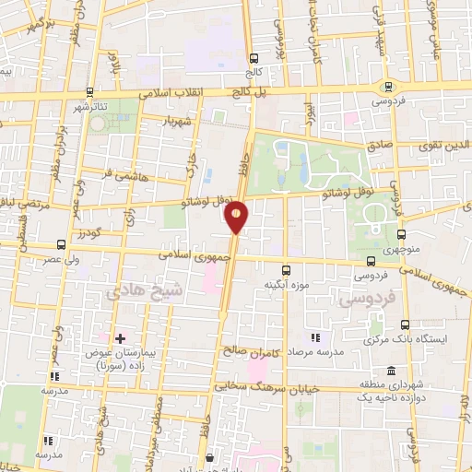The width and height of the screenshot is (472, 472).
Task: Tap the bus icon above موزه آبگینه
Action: [x=287, y=271]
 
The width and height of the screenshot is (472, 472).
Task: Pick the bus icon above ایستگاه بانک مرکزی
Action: [x=406, y=324]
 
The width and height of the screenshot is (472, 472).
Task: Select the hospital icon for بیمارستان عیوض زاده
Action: [x=120, y=338]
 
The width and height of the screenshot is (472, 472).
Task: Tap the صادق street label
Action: [x=379, y=145]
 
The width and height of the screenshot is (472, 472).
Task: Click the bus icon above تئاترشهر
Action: [x=89, y=91]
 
